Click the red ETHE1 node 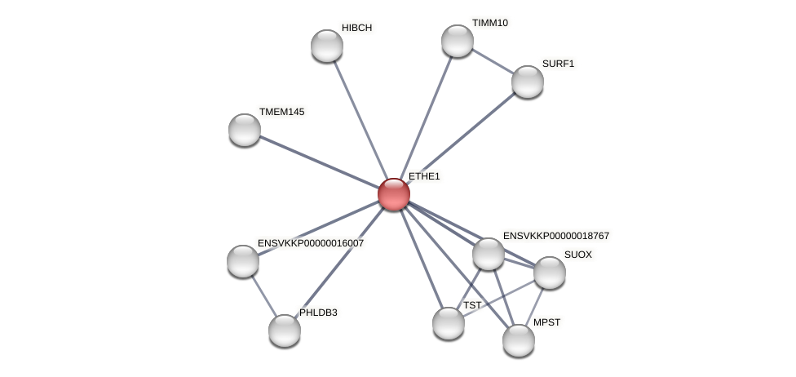click(x=394, y=194)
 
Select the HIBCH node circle click(x=327, y=46)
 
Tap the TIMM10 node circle click(x=458, y=41)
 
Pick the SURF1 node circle click(x=528, y=82)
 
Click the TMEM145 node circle click(x=245, y=130)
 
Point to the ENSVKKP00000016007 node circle click(x=243, y=261)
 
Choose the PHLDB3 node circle click(x=285, y=330)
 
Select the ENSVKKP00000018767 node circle click(x=489, y=254)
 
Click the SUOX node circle click(x=550, y=273)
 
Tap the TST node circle click(x=449, y=323)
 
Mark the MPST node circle click(x=519, y=340)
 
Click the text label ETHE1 click(x=424, y=176)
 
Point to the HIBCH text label click(x=356, y=28)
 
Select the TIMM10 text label click(x=489, y=23)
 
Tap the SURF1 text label click(x=558, y=64)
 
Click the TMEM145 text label click(x=281, y=112)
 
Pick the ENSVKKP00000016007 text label click(x=311, y=243)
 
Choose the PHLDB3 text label click(x=318, y=313)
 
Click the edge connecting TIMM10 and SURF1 click(x=493, y=61)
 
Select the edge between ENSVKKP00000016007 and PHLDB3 click(x=263, y=295)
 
